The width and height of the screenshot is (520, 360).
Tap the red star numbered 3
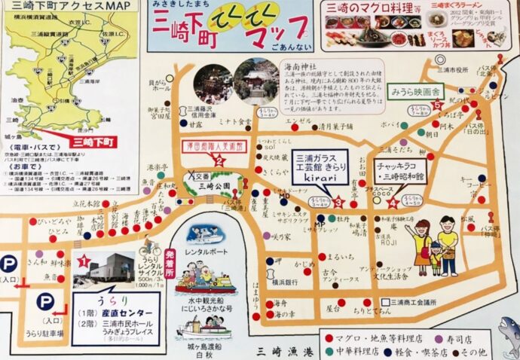coord(338,202)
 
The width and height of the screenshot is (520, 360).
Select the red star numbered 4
coord(392,202)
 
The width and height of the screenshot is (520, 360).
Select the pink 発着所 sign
coord(170,263)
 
